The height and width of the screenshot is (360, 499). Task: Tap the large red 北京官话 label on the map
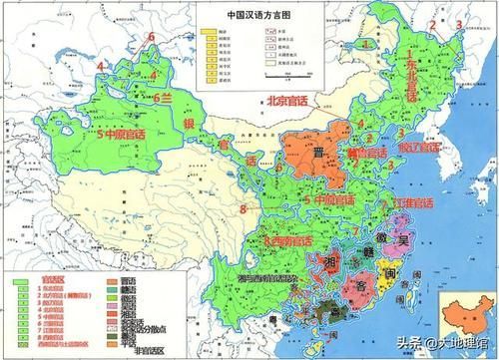[296, 100]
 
